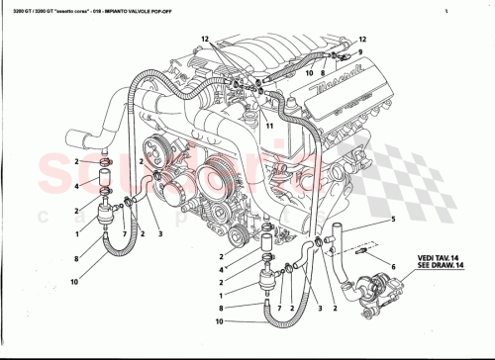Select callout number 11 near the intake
268,127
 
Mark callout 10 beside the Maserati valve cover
309,73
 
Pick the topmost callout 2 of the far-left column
76,160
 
